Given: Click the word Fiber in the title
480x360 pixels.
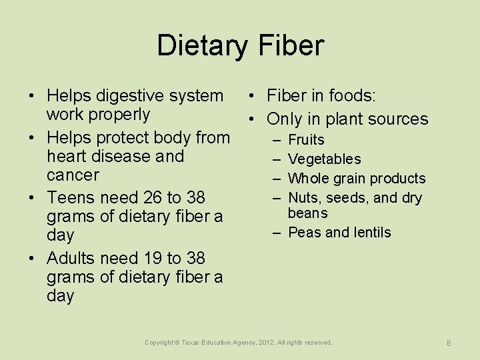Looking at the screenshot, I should click(x=293, y=45).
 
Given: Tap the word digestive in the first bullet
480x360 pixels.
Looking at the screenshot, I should click(x=131, y=96).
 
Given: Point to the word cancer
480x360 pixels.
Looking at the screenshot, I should click(x=73, y=175).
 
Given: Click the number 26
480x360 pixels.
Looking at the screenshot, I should click(x=153, y=198).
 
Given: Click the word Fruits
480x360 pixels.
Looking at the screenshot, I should click(x=306, y=140).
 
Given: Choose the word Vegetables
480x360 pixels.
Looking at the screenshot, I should click(x=324, y=159).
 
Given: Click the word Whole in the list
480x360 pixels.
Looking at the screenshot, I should click(x=307, y=179).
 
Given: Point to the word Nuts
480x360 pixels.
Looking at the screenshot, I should click(x=303, y=198).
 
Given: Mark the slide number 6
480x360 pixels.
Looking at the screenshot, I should click(x=449, y=343).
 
